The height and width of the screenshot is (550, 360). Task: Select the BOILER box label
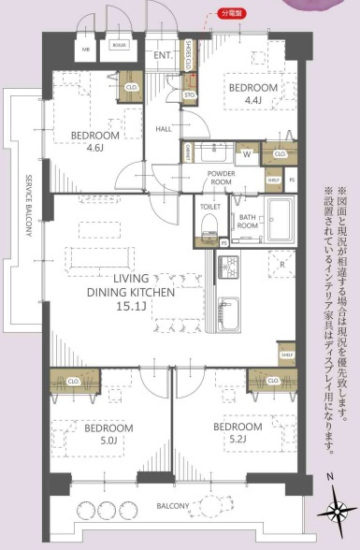tap(120, 45)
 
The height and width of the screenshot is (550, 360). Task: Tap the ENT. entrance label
tap(163, 55)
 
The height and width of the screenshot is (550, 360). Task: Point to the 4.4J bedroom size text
tap(252, 103)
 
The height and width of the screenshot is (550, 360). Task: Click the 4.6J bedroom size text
tap(94, 148)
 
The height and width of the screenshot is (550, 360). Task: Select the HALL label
tap(163, 129)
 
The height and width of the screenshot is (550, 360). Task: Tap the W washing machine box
tap(247, 152)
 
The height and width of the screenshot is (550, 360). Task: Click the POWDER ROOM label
tap(221, 179)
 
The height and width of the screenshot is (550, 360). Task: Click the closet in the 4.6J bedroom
tap(130, 87)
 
